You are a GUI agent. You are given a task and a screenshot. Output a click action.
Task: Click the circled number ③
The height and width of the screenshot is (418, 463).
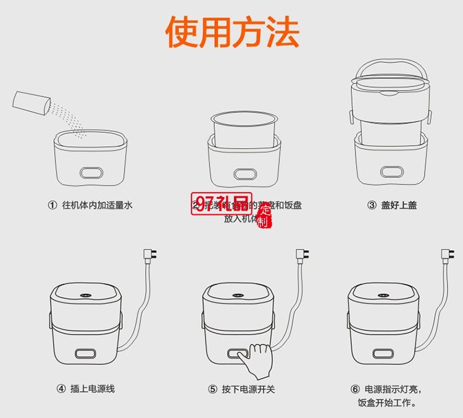tap(372, 205)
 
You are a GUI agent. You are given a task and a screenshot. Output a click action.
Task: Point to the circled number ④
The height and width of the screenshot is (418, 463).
tap(61, 389)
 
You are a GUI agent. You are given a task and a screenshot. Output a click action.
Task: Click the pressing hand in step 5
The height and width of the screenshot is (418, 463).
tap(259, 359)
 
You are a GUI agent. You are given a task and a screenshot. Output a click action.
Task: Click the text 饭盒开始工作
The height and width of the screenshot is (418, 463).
tap(387, 404)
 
